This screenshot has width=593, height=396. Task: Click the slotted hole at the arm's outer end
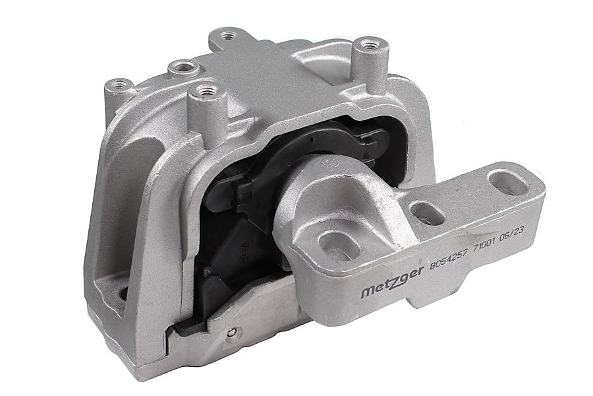pyautogui.click(x=507, y=183)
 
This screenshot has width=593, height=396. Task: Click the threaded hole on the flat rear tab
pyautogui.click(x=228, y=36)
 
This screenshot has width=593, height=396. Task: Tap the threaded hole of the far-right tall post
pyautogui.click(x=367, y=44)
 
